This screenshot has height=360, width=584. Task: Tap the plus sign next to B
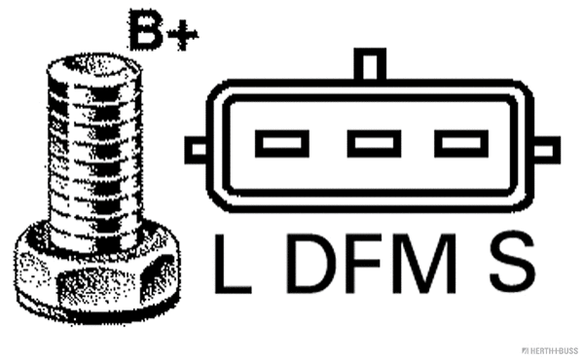click(x=181, y=36)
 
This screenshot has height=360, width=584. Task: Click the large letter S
click(x=511, y=262)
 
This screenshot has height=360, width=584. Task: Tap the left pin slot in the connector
click(x=282, y=146)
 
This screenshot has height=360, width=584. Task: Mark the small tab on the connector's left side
click(x=195, y=149)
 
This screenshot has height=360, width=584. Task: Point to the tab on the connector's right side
click(x=548, y=149)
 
